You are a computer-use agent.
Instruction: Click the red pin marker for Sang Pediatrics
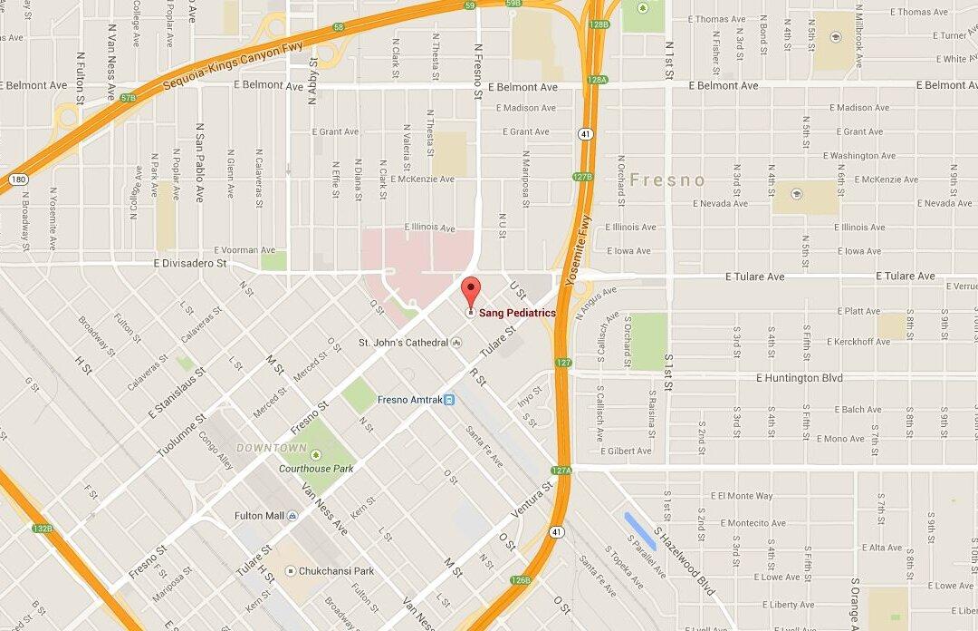470,294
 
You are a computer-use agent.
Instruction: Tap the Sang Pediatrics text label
517,313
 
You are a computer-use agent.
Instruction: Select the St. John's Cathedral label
403,343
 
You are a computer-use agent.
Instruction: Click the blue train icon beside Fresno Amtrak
449,400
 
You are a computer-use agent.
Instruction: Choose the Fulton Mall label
261,516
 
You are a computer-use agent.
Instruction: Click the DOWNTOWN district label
271,448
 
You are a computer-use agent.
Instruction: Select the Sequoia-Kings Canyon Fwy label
233,67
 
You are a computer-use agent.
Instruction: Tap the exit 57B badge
128,97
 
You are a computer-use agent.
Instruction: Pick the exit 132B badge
42,528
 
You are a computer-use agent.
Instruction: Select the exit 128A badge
596,80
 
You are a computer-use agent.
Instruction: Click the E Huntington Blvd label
800,378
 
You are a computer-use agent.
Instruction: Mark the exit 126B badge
520,579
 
